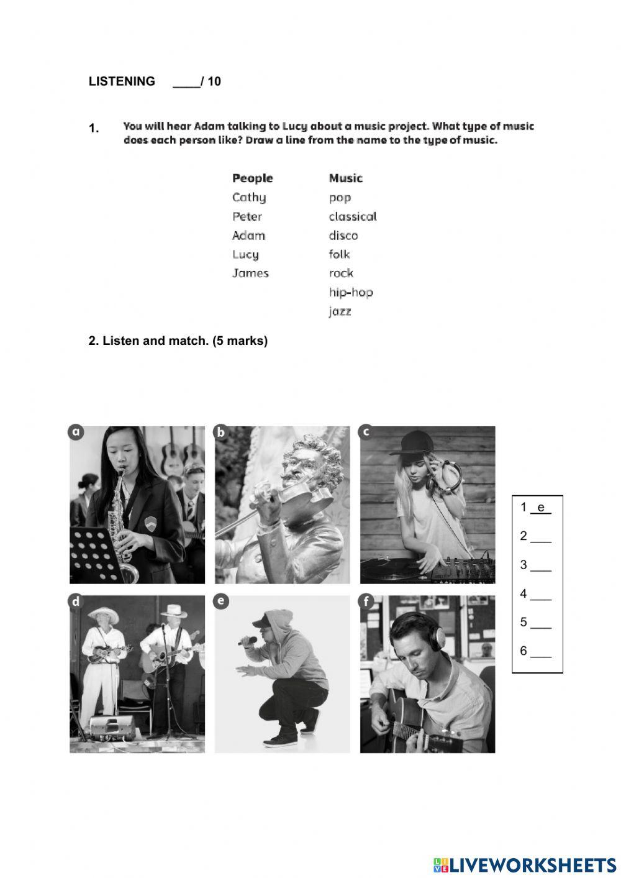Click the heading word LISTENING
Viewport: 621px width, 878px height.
(x=122, y=81)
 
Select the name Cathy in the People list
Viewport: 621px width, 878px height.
(x=249, y=198)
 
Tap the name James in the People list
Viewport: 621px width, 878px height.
(x=250, y=273)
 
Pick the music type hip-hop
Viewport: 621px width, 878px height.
(x=351, y=292)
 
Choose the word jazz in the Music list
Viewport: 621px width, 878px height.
(x=340, y=311)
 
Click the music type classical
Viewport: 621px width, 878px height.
(x=353, y=216)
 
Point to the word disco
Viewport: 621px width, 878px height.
(x=343, y=236)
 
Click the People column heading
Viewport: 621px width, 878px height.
(x=252, y=178)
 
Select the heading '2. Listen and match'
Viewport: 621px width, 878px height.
(x=178, y=341)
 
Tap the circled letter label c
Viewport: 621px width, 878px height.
(x=366, y=432)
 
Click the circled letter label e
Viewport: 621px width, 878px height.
(x=220, y=601)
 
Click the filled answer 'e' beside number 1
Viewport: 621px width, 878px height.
(x=541, y=508)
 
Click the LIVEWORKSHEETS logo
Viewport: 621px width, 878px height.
(x=525, y=865)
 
